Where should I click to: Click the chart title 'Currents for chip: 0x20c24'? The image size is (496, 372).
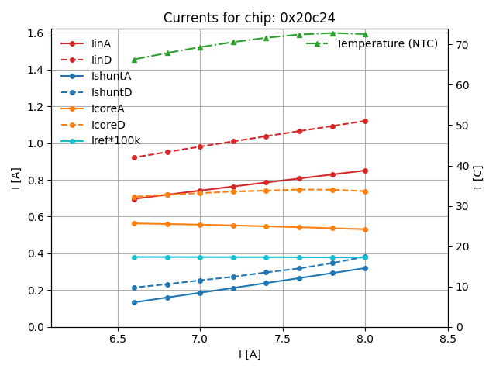click(x=249, y=18)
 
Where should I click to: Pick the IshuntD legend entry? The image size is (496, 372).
click(x=112, y=92)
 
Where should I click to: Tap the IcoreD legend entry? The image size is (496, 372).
click(x=108, y=125)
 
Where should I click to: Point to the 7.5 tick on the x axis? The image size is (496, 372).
click(x=283, y=339)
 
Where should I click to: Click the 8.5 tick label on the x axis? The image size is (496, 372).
click(x=448, y=339)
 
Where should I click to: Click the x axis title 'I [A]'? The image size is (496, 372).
click(x=249, y=354)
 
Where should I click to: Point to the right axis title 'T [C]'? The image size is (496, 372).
click(x=478, y=178)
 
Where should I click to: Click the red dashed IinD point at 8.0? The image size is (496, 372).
click(x=365, y=121)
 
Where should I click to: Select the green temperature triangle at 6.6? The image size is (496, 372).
click(x=134, y=60)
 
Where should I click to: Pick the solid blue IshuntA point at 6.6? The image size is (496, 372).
click(x=134, y=302)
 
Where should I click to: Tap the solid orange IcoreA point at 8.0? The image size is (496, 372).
click(x=365, y=229)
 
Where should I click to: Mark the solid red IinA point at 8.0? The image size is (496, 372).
click(x=365, y=170)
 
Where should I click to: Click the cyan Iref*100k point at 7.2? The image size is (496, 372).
click(x=233, y=257)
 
